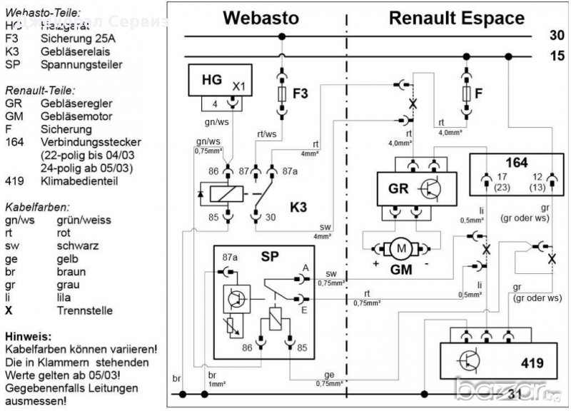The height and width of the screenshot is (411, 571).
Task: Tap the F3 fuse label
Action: [301, 93]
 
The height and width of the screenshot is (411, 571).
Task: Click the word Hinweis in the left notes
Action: [26, 335]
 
